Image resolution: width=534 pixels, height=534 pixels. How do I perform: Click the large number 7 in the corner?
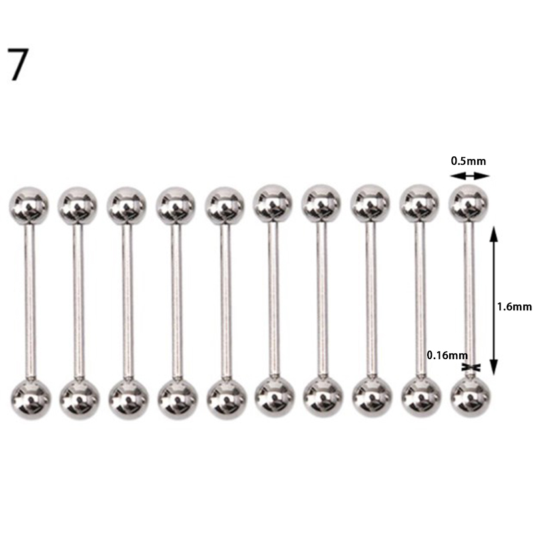[x=18, y=64]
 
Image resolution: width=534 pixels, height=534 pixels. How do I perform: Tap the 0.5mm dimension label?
[x=469, y=161]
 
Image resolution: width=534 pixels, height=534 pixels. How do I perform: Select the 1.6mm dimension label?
[x=514, y=307]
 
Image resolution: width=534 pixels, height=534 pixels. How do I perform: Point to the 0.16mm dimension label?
[x=447, y=356]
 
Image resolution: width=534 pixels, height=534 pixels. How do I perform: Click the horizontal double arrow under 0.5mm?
[x=470, y=176]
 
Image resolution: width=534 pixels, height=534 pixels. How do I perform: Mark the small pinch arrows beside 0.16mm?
[x=471, y=367]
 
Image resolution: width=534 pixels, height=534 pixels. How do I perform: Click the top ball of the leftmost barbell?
[x=29, y=206]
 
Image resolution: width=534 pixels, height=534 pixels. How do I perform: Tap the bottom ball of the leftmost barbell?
[x=31, y=398]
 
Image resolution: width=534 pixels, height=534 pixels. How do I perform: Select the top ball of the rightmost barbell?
[x=469, y=204]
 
